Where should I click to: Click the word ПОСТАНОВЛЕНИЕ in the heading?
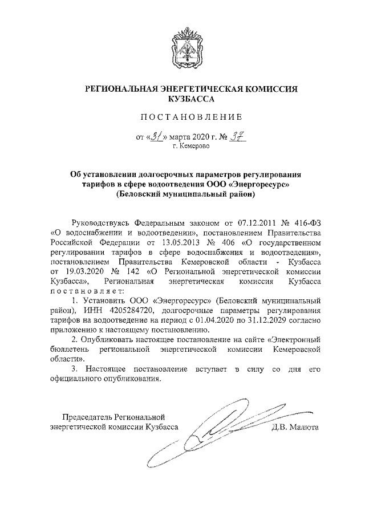pyautogui.click(x=182, y=117)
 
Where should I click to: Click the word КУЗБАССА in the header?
pyautogui.click(x=182, y=99)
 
